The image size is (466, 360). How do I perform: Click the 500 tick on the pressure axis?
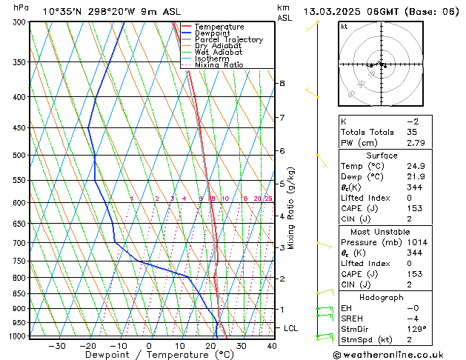pos(21,156)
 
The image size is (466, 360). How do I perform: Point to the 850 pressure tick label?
pos(21,294)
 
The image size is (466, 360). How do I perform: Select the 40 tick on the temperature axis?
pos(272,346)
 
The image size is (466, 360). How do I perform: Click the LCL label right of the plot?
pos(291,327)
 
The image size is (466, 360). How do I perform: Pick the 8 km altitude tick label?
pos(282,84)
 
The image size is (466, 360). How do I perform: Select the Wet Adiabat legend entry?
pos(218,52)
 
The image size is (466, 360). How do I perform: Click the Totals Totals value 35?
pos(413,131)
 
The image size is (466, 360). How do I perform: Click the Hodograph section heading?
pos(382,297)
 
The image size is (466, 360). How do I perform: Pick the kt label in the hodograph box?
pos(344,26)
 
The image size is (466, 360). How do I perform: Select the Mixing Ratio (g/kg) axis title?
pos(291,208)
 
